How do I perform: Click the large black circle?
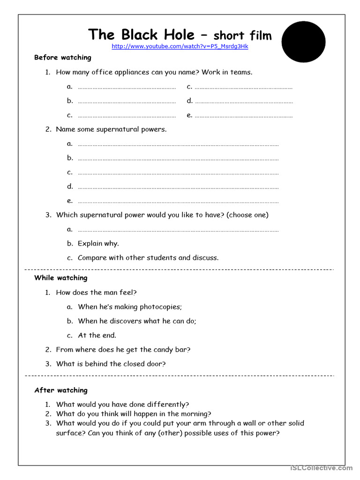point(303,42)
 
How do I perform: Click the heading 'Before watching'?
point(63,58)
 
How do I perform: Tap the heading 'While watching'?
point(61,278)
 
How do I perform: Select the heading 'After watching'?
point(61,390)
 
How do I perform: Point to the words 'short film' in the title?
point(242,35)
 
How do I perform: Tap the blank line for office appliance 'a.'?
point(127,87)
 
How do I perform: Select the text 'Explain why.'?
point(98,243)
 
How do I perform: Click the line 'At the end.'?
point(97,335)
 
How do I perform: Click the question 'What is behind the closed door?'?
point(111,364)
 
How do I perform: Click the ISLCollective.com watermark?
point(321,468)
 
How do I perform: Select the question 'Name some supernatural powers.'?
point(111,129)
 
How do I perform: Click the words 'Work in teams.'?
point(227,72)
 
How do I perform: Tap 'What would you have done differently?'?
point(122,404)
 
